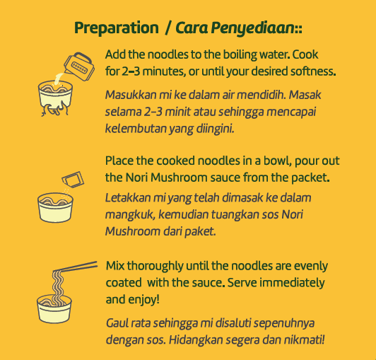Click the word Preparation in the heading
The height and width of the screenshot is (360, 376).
(x=117, y=28)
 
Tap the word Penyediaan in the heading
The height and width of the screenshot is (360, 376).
(x=253, y=28)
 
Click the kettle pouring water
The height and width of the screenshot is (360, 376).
(x=79, y=66)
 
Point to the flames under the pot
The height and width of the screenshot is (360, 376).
(x=55, y=109)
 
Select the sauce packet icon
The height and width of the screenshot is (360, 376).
(x=73, y=180)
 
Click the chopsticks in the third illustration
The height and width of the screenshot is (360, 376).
(x=76, y=267)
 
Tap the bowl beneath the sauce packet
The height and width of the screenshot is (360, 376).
(x=55, y=208)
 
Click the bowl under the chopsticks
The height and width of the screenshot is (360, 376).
(x=54, y=308)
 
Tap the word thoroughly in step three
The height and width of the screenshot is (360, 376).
(x=155, y=267)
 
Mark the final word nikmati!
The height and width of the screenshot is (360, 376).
(x=304, y=339)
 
